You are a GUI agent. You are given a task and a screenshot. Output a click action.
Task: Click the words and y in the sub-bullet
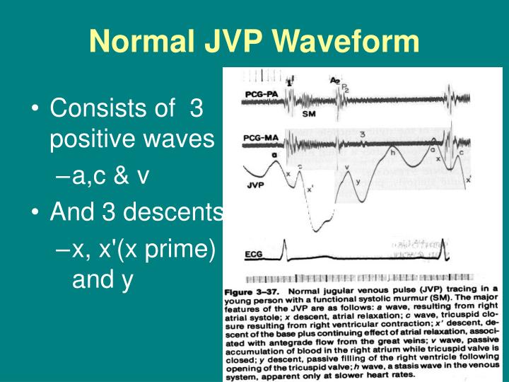coord(103,280)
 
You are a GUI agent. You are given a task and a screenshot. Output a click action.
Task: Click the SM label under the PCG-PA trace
coord(310,114)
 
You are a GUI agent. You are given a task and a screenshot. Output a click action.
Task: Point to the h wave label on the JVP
coord(393,151)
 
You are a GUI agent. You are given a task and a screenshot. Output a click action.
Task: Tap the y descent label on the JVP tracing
coord(358,182)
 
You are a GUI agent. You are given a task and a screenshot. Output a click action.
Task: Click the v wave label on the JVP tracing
coord(346,168)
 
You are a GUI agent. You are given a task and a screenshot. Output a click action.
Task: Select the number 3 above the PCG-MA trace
coord(361,133)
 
